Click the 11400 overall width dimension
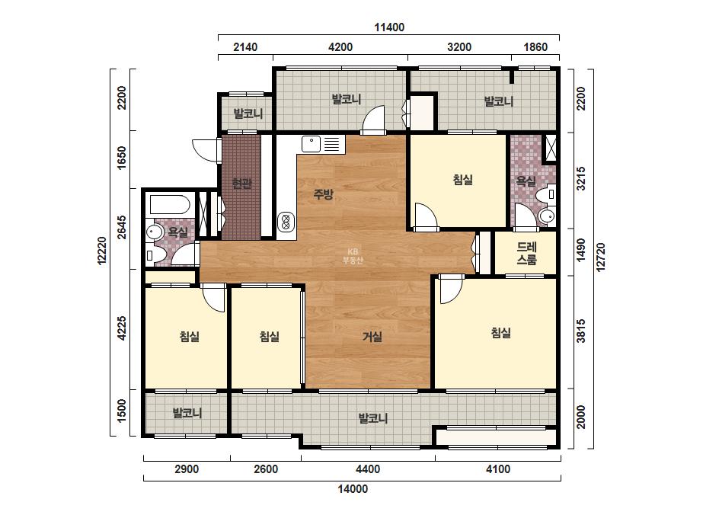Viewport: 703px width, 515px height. coord(389,27)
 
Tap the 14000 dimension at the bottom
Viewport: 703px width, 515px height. coord(353,489)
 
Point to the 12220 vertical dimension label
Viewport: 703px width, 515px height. coord(103,251)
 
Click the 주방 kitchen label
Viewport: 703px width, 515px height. coord(323,194)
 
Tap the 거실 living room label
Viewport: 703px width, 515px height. coord(372,337)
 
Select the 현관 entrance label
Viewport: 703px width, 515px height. coord(242,184)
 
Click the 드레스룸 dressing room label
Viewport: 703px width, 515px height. coord(527,254)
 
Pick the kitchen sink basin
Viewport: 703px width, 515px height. coord(312,145)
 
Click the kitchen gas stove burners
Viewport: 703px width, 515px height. coord(286,220)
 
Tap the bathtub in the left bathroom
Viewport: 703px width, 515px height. coord(170,205)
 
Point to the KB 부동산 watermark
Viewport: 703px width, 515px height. coord(353,256)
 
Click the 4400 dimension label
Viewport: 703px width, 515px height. coord(368,469)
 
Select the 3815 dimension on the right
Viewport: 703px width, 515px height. coord(581,331)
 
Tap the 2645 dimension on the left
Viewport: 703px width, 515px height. coord(122,228)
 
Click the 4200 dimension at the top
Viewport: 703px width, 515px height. coord(340,47)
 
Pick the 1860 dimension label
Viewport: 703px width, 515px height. coord(535,47)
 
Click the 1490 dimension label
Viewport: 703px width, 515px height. coord(581,250)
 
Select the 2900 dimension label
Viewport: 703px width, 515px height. coord(187,469)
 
